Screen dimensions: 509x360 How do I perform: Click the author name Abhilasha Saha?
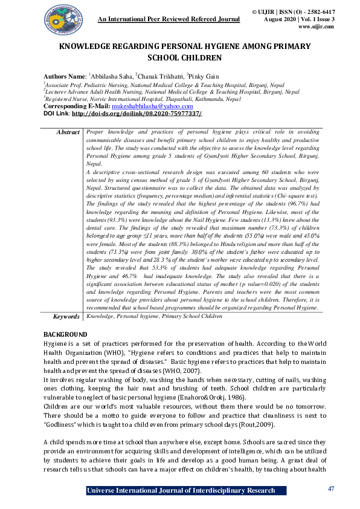pos(111,77)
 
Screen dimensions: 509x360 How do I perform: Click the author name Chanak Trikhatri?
pos(160,77)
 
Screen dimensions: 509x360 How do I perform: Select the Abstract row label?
pos(68,131)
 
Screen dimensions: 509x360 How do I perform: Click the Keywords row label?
pos(66,316)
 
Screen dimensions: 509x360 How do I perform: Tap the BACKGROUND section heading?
pos(66,334)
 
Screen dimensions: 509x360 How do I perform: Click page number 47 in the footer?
pos(330,488)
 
